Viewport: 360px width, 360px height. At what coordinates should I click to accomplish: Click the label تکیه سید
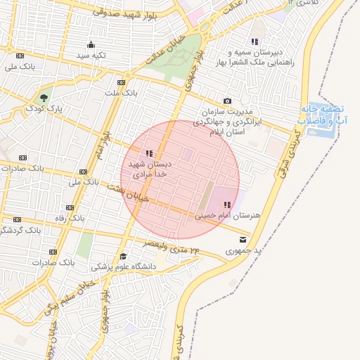(x=91, y=55)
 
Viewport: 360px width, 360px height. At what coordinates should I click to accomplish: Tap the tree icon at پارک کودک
(x=44, y=98)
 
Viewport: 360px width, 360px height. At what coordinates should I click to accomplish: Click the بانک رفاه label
(x=71, y=218)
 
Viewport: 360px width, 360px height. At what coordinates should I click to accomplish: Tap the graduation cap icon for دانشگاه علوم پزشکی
(x=124, y=256)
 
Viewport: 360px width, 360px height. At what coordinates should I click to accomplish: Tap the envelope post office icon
(x=243, y=239)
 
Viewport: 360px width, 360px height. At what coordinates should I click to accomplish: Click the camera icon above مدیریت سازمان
(x=227, y=101)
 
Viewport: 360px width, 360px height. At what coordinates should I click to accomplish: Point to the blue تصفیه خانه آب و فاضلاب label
(x=322, y=115)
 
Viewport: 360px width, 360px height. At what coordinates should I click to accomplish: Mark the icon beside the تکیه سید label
(x=91, y=44)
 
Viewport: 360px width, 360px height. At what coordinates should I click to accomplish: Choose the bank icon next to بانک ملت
(x=122, y=82)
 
